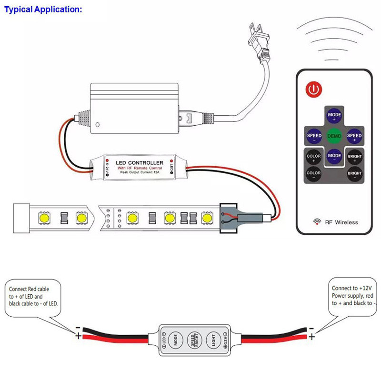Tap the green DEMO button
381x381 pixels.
334,136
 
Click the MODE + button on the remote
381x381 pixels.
334,116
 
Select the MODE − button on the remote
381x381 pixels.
334,156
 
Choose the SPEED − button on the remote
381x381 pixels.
314,136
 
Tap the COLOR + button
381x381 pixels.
314,156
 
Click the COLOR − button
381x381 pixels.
314,174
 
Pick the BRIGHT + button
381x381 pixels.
355,156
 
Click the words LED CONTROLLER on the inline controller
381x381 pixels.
140,163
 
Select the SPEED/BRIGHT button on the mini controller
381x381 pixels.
192,342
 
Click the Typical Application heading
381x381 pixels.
43,9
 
